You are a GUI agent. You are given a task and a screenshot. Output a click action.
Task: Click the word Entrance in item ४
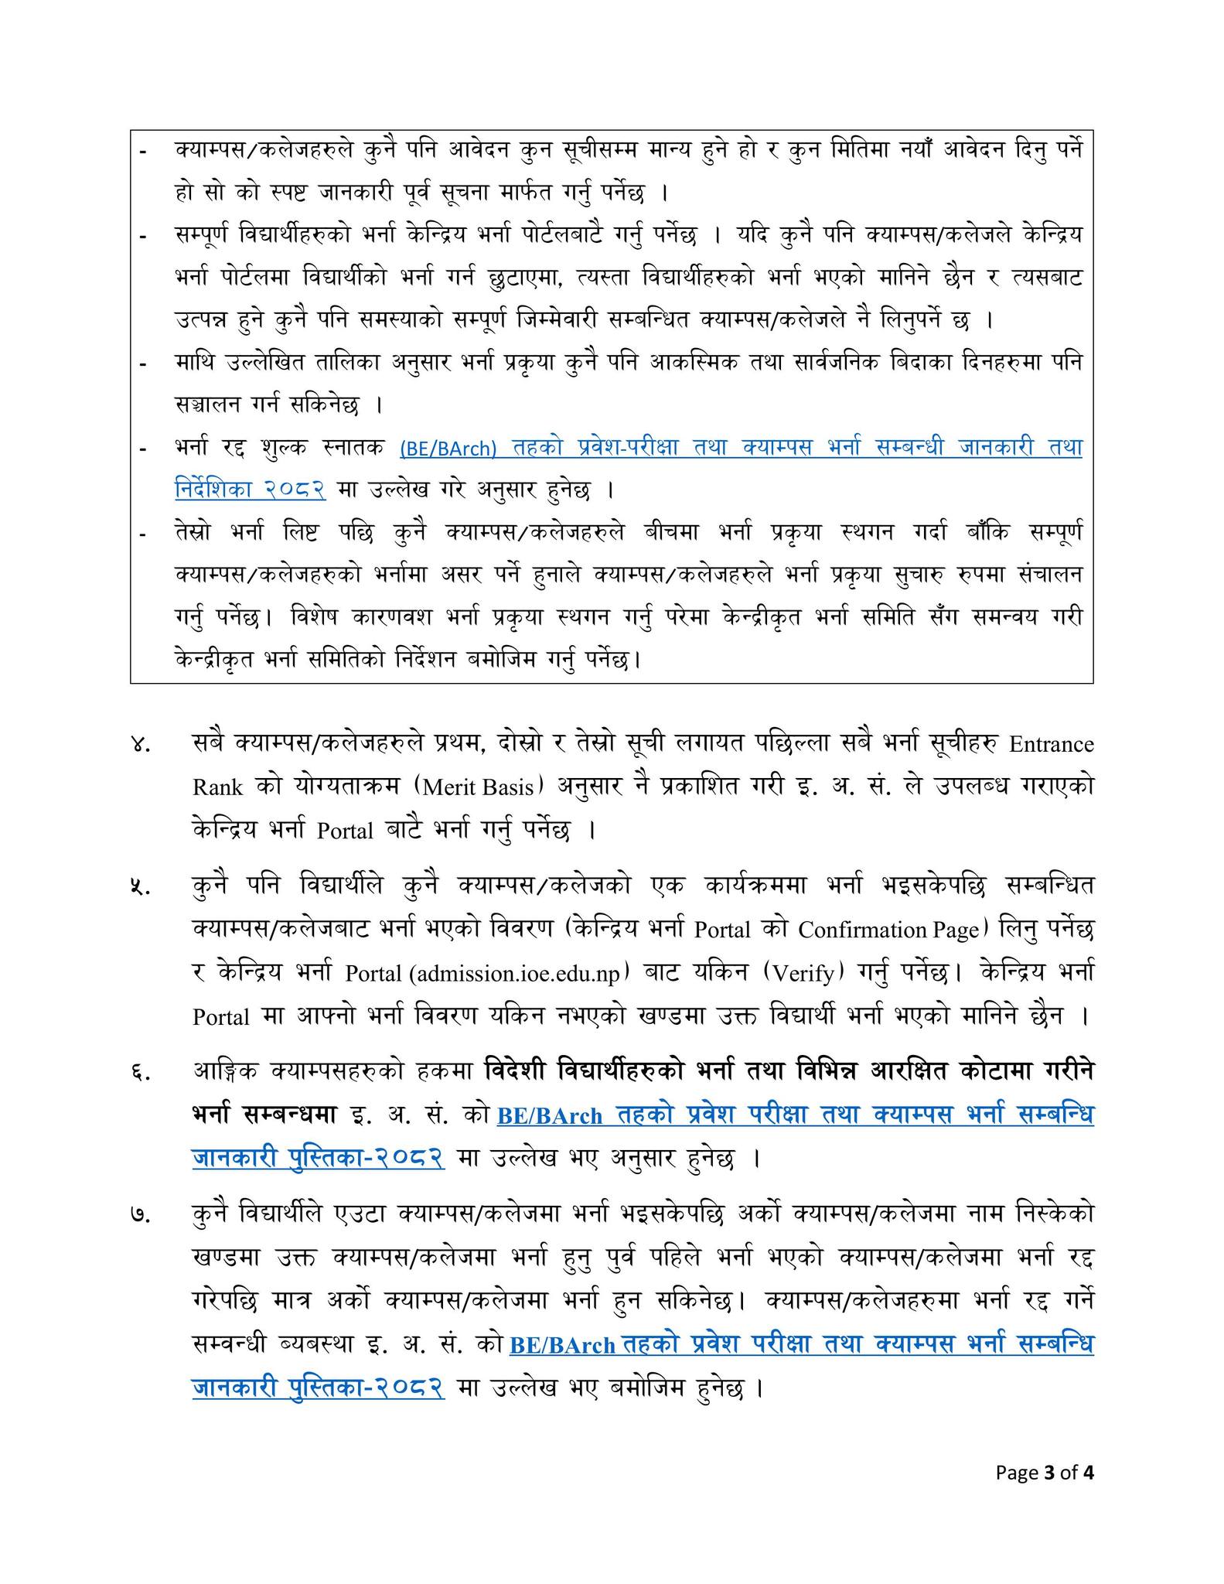coord(1052,744)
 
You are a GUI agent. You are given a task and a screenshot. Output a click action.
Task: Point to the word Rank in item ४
coord(217,787)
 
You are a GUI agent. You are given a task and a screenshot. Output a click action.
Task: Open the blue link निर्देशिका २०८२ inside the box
coord(250,490)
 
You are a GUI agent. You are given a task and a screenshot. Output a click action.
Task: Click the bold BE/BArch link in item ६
coord(550,1116)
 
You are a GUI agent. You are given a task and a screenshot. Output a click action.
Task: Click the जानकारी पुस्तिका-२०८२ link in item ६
coord(318,1158)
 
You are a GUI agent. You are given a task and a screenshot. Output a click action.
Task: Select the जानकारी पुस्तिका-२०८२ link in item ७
coord(318,1387)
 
